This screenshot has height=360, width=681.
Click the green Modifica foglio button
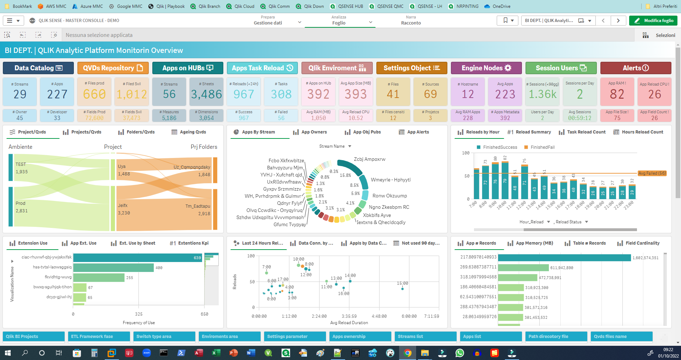[x=653, y=21]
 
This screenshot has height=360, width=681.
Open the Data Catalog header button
[x=38, y=68]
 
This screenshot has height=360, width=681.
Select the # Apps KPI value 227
[x=57, y=94]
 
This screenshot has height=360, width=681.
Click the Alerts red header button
[x=636, y=68]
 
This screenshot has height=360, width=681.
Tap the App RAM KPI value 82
[x=617, y=94]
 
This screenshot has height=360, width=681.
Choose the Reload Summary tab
[x=533, y=132]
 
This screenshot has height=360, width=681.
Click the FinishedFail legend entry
[x=542, y=147]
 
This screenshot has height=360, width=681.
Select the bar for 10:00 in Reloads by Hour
[x=505, y=181]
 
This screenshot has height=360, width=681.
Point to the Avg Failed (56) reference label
[x=652, y=173]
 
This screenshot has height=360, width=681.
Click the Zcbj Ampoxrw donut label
[x=369, y=159]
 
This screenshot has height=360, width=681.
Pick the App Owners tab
[x=314, y=132]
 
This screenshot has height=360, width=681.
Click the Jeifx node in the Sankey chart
[x=123, y=206]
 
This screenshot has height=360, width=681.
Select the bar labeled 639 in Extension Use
[x=137, y=257]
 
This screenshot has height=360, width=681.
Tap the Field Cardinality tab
[x=642, y=243]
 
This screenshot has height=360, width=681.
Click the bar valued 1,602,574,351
[x=564, y=257]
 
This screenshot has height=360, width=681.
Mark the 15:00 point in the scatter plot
[x=402, y=289]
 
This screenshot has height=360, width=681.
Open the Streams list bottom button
[x=425, y=336]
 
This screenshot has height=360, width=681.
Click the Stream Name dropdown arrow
[x=350, y=146]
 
